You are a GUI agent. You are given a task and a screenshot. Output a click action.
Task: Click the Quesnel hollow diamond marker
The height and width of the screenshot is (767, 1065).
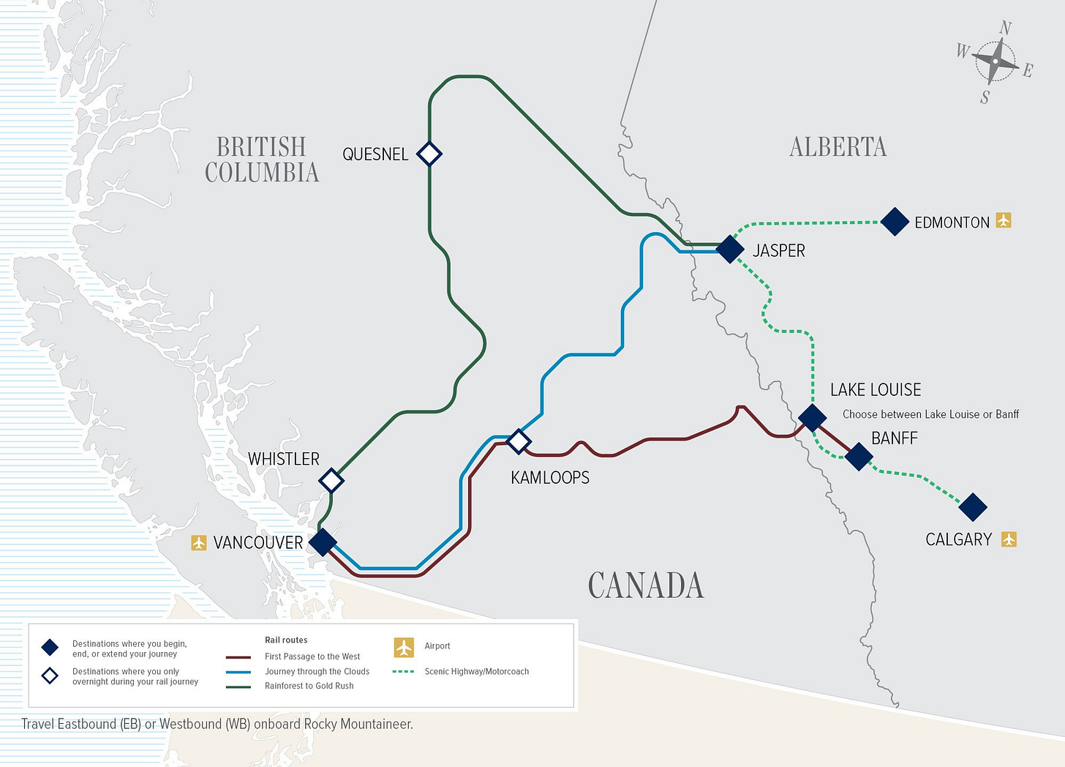[429, 154]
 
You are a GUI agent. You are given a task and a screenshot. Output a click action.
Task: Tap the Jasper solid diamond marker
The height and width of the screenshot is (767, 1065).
[730, 249]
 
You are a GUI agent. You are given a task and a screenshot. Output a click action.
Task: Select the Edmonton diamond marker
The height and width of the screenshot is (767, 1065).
[895, 221]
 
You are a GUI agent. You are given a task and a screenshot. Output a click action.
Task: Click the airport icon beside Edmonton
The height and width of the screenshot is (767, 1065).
[1004, 220]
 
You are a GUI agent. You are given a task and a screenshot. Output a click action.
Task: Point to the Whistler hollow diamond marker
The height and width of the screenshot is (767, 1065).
[331, 480]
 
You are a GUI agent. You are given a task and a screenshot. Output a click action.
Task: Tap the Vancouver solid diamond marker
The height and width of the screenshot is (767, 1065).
[323, 542]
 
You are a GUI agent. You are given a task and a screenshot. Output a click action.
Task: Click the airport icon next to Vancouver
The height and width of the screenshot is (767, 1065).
[198, 542]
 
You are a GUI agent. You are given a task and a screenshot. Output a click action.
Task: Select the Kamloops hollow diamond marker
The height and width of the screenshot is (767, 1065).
[519, 441]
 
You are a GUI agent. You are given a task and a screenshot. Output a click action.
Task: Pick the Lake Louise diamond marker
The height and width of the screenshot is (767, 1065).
[812, 417]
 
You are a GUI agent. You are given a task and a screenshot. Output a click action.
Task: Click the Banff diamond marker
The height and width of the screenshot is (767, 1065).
[859, 456]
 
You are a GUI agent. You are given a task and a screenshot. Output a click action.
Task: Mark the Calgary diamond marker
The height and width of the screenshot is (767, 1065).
[973, 506]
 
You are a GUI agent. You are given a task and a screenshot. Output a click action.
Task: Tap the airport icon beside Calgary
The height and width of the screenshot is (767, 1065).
[1009, 539]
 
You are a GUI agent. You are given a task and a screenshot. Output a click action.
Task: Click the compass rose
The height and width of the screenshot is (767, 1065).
[996, 62]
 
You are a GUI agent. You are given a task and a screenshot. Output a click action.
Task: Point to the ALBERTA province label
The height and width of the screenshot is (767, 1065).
[838, 147]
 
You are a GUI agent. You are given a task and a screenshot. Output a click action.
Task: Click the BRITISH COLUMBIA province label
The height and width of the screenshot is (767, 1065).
[262, 160]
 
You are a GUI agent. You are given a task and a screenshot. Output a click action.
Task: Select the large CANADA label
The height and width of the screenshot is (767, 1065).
[646, 585]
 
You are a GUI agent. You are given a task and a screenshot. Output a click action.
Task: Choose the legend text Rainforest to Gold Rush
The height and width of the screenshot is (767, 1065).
[309, 686]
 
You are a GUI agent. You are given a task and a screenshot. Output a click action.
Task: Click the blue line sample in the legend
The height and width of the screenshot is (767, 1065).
[238, 672]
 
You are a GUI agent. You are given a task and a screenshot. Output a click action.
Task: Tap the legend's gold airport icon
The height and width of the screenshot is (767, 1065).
[404, 647]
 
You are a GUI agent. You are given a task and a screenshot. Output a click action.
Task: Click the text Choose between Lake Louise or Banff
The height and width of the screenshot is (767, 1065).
[930, 414]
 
